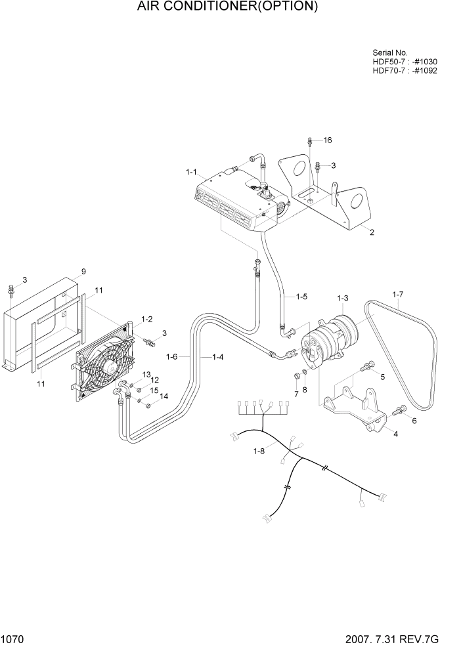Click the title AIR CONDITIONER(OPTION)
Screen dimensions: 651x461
228,7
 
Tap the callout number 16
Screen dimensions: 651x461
328,140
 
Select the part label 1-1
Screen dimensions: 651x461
192,172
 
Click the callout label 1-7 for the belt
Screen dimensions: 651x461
399,295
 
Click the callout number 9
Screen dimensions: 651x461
83,272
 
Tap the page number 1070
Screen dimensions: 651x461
14,640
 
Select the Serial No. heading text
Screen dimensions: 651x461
390,52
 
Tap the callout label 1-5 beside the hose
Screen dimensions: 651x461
301,297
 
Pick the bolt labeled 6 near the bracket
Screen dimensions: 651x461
398,411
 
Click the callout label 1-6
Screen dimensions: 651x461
173,357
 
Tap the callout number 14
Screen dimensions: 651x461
164,396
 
